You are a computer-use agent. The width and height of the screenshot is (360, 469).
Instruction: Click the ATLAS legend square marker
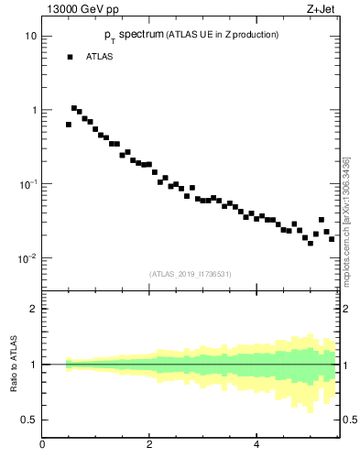pos(69,57)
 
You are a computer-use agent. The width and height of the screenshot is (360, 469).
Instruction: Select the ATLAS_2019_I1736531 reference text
pos(191,274)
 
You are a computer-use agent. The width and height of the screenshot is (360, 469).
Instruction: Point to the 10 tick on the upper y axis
pos(30,37)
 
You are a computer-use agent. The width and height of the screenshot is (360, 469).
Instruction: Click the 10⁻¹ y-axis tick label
pos(27,184)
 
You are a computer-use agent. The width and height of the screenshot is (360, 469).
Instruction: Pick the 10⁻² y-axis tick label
pos(27,258)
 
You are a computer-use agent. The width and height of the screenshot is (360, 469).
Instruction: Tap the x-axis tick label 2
pos(149,444)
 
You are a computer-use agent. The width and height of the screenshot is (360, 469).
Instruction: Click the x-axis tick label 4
pos(256,444)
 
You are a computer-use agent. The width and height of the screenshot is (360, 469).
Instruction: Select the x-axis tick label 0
pos(42,444)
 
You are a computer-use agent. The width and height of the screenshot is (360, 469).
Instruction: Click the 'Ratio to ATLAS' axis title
pos(14,364)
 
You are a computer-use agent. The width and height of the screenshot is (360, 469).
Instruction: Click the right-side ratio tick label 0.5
pos(351,420)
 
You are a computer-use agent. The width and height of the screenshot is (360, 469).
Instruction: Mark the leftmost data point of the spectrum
pos(69,125)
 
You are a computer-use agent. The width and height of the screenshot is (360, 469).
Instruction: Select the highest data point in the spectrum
pos(74,108)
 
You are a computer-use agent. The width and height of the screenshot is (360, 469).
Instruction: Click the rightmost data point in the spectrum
pos(332,239)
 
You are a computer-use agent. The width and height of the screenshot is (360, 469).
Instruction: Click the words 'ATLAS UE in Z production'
pos(222,34)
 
